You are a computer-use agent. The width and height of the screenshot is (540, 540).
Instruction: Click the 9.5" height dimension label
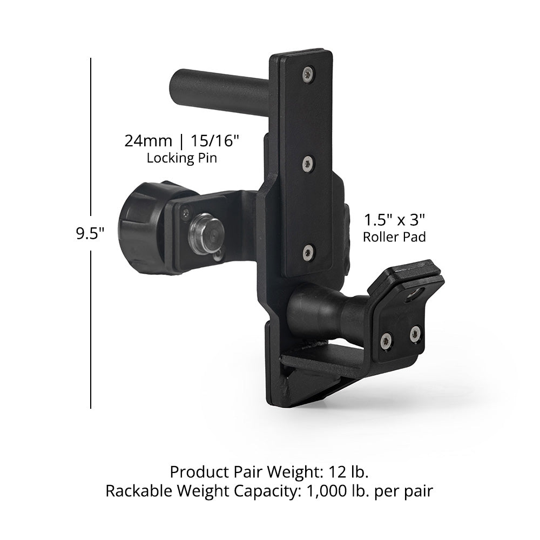point(90,233)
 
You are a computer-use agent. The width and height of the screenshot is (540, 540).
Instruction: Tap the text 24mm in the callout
point(148,141)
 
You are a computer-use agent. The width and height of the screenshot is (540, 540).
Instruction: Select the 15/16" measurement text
point(214,141)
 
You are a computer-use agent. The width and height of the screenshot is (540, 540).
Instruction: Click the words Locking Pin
point(182,158)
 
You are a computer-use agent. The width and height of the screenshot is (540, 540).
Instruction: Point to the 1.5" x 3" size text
point(394,220)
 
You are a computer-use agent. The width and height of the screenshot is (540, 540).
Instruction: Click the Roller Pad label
point(394,237)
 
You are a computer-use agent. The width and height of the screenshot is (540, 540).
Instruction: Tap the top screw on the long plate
point(308,75)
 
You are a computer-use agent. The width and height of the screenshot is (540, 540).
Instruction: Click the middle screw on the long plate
point(308,163)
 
